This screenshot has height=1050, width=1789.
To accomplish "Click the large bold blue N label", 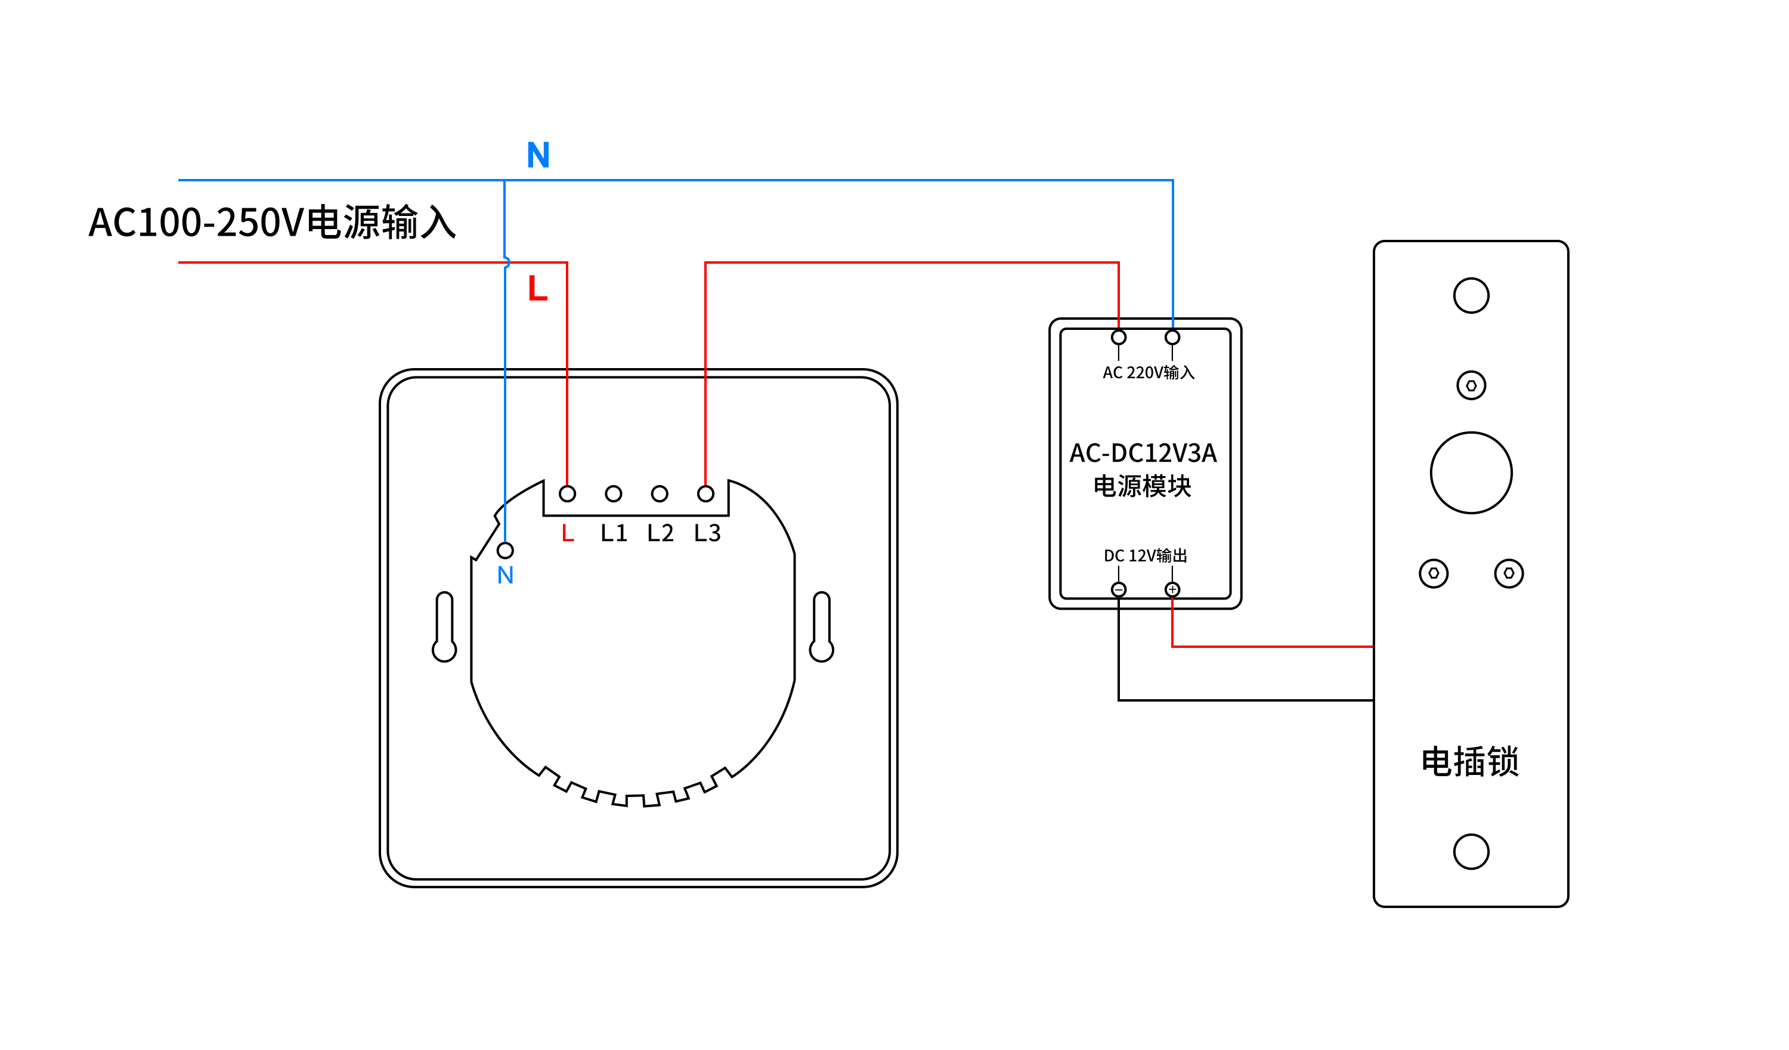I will [538, 155].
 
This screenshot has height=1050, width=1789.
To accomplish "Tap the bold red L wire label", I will [537, 288].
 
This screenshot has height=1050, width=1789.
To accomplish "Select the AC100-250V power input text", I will [273, 223].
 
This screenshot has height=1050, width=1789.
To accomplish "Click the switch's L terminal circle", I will [567, 494].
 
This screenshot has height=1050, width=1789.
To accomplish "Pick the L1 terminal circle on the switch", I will [614, 494].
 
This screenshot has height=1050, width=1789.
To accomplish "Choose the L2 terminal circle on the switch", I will [660, 494].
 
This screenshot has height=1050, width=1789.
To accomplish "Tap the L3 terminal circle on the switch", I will [705, 494].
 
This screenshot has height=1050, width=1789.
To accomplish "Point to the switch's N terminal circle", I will [506, 551].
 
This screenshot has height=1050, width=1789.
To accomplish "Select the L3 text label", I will [707, 533].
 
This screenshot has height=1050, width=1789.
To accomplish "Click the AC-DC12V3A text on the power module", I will [1143, 453].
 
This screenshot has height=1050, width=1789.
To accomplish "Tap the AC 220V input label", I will [1148, 373].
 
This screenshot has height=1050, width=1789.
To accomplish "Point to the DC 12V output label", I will [1145, 555].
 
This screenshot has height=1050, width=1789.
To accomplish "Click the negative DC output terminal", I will [1119, 589].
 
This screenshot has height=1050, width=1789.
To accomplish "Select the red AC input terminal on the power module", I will [1119, 338].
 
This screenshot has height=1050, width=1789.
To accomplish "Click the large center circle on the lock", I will [1471, 473].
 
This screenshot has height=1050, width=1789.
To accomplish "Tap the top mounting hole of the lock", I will [1471, 295].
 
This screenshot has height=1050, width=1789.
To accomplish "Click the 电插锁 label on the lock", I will [1469, 762].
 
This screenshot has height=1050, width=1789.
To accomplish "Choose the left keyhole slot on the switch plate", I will [444, 627].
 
